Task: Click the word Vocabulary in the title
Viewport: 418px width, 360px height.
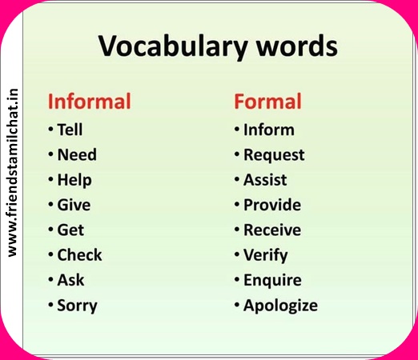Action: (x=173, y=46)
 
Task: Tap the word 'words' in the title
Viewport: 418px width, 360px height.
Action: (x=297, y=46)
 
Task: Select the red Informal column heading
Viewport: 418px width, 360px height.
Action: (x=90, y=102)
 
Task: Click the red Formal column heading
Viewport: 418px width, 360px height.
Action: (x=267, y=102)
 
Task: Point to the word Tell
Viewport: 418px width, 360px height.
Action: (x=70, y=130)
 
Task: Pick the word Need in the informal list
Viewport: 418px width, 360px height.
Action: (x=77, y=154)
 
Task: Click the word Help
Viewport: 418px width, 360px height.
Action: (x=74, y=180)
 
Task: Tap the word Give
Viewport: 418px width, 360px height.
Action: (x=74, y=205)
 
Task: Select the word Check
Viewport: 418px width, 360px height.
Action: (x=79, y=255)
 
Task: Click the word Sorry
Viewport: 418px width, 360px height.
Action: (x=77, y=306)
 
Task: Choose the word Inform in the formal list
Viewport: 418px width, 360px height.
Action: (x=269, y=130)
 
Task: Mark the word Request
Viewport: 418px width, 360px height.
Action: (x=274, y=155)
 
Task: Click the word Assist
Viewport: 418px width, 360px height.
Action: (x=265, y=180)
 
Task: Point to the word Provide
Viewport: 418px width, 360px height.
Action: (x=272, y=205)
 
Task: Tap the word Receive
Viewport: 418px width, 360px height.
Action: (x=272, y=230)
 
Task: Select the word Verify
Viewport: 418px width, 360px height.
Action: (x=266, y=255)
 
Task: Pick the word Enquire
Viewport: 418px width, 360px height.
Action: (x=272, y=281)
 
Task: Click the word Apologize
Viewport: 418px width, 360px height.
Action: (x=280, y=306)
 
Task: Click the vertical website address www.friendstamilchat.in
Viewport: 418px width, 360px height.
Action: (x=12, y=173)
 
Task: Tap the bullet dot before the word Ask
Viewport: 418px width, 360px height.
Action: (x=50, y=279)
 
